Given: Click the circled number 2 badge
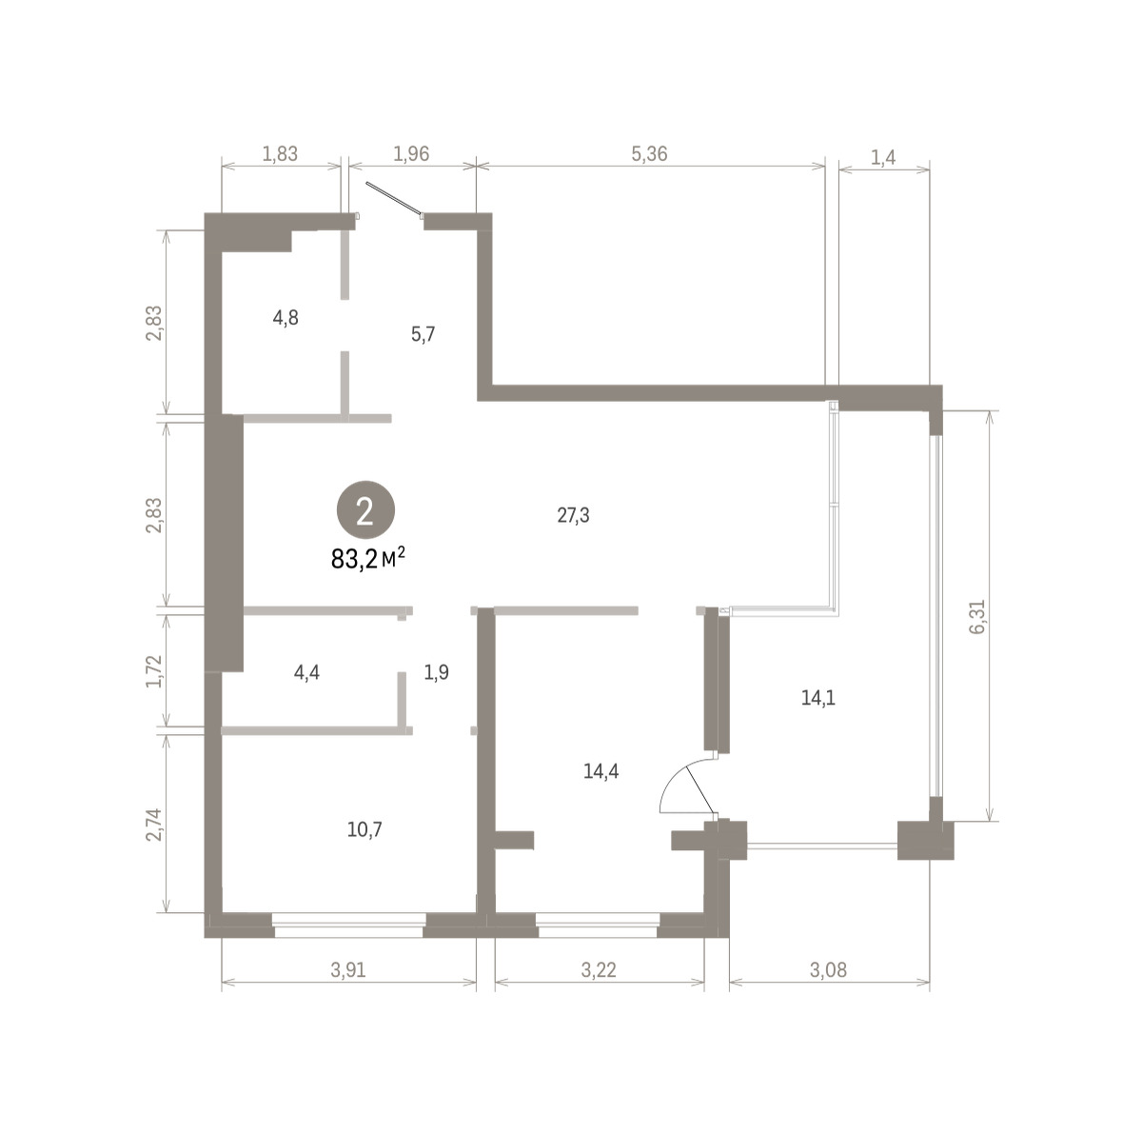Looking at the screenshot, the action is [x=365, y=510].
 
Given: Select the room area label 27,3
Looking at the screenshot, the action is [x=573, y=516].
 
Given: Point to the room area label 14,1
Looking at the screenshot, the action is [x=817, y=698].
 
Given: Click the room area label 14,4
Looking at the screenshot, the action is [x=601, y=771].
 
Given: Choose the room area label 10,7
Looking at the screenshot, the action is [x=364, y=829].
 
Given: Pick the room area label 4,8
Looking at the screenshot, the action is [x=285, y=318].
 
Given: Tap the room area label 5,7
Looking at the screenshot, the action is [x=423, y=334].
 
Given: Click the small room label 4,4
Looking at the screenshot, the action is [x=306, y=673].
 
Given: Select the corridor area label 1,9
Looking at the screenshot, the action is [x=436, y=672].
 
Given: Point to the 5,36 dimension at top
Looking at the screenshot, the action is [x=649, y=154].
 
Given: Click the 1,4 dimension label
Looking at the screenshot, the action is [x=883, y=158].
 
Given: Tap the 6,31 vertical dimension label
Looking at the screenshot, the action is [x=977, y=617].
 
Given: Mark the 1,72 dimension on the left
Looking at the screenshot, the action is [x=153, y=670].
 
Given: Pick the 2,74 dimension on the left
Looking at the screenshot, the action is [x=153, y=825].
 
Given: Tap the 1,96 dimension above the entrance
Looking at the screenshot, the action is [x=411, y=154].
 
